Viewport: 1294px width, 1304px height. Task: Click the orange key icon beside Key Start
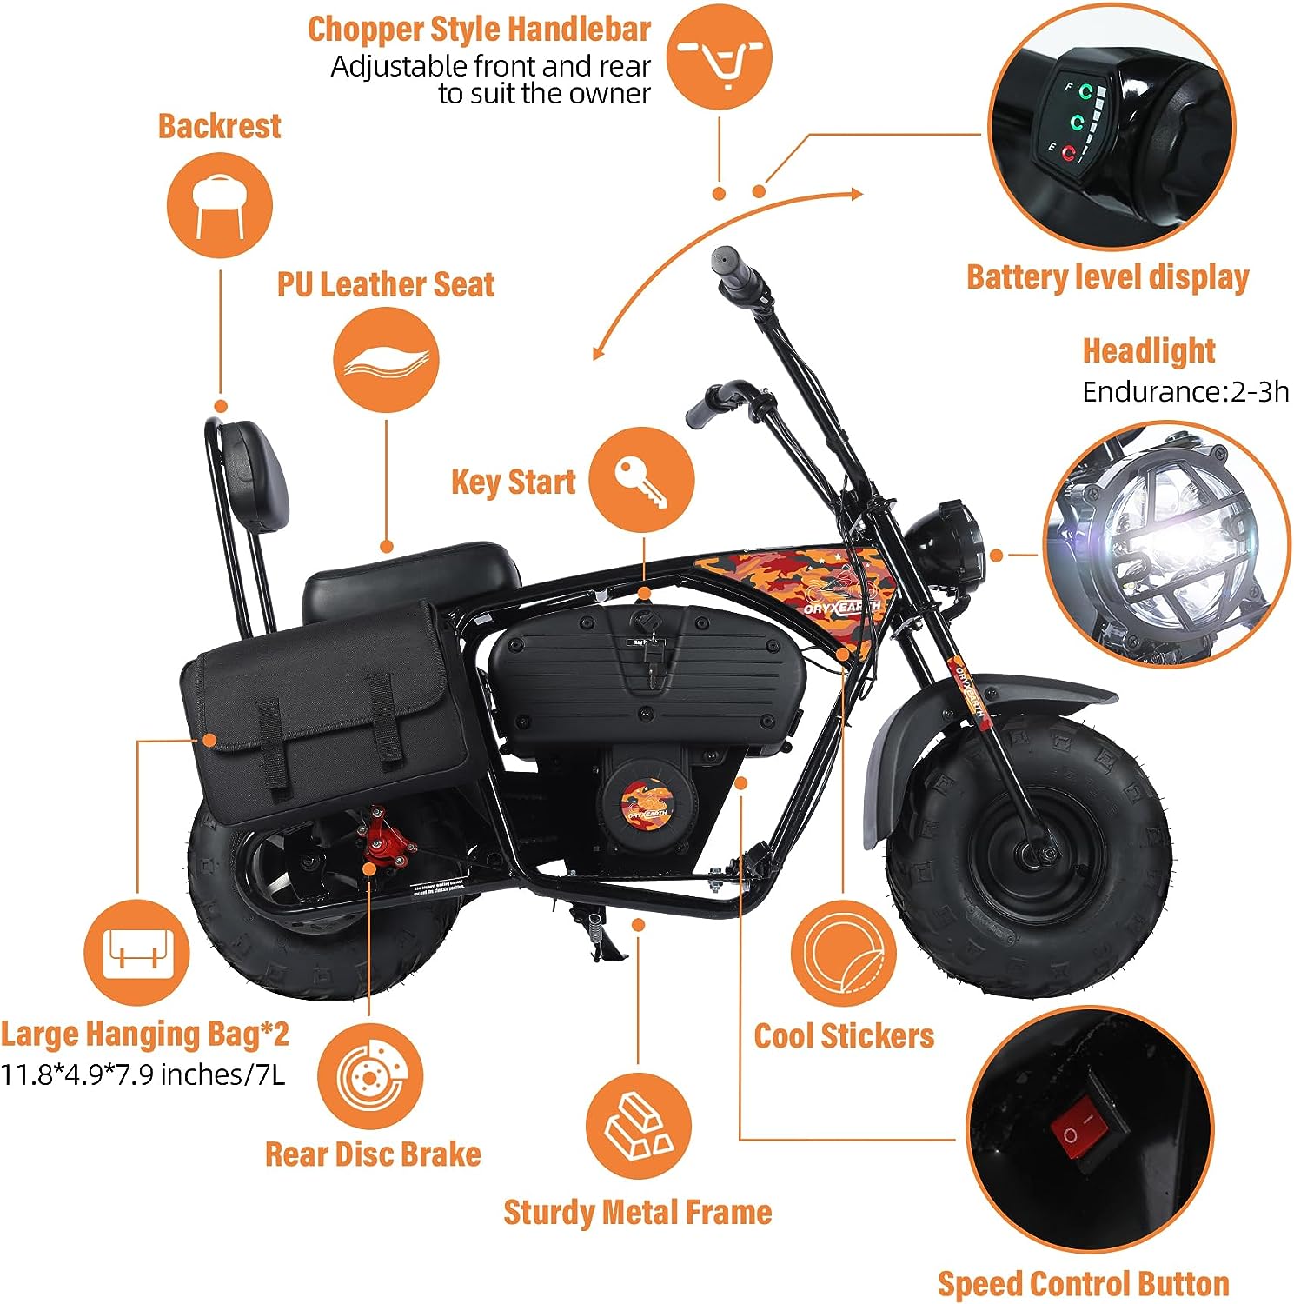[x=641, y=480]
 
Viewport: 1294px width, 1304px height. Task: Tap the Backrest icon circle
[x=219, y=204]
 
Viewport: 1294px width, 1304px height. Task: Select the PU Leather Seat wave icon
[x=386, y=359]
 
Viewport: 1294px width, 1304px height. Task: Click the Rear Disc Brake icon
[x=369, y=1076]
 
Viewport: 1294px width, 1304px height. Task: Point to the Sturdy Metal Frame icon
[x=638, y=1126]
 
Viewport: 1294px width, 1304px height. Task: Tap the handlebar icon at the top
[x=720, y=57]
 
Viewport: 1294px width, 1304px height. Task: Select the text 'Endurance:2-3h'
[x=1185, y=392]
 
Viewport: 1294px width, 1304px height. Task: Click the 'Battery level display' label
[x=1107, y=277]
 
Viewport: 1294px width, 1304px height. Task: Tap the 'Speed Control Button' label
[x=1083, y=1283]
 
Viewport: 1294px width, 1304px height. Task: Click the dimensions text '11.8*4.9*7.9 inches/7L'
[x=143, y=1074]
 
